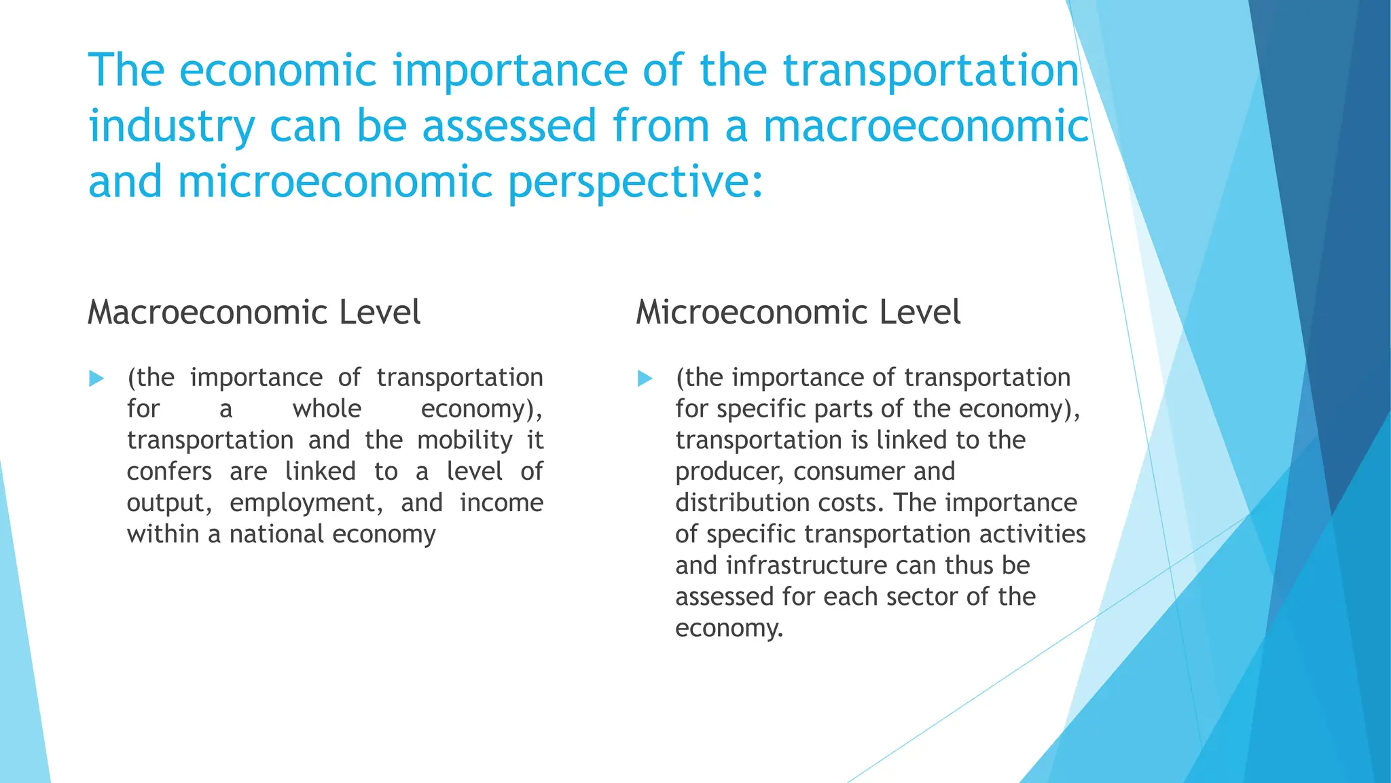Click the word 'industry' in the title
(x=172, y=127)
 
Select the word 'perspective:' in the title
(x=636, y=183)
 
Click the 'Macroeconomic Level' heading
(x=254, y=313)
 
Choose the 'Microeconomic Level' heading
(x=798, y=313)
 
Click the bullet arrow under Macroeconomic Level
(x=96, y=379)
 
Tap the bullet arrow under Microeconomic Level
(x=645, y=379)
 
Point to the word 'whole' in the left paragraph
(x=327, y=409)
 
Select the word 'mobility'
(x=465, y=440)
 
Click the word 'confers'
(x=169, y=472)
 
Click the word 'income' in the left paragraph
(x=501, y=503)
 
